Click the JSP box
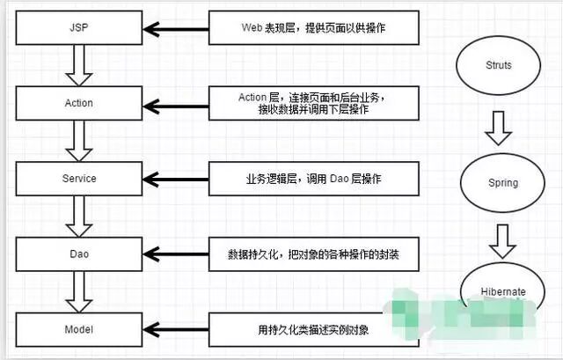tap(79, 28)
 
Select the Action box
tap(79, 103)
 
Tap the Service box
tap(79, 179)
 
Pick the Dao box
tap(79, 253)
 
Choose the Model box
tap(79, 329)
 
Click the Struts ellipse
tap(498, 66)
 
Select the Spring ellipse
tap(498, 183)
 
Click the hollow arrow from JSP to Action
tap(79, 65)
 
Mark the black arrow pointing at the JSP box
tap(176, 29)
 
